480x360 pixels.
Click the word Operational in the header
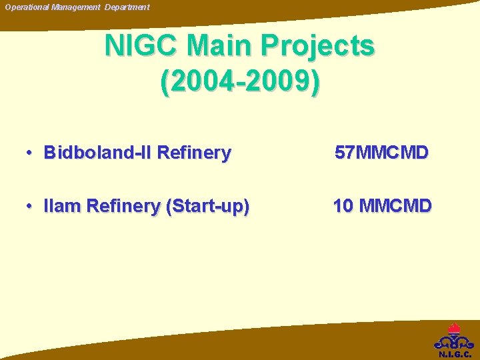(26, 7)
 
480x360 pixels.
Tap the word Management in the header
(75, 7)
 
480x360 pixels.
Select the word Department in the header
(127, 7)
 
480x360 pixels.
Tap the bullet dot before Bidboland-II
(31, 153)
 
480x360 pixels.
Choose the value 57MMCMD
(381, 153)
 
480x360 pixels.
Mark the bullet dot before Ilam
(31, 207)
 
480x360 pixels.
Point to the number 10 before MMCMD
(343, 207)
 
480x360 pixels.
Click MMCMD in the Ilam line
(395, 207)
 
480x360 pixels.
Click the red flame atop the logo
(455, 329)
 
